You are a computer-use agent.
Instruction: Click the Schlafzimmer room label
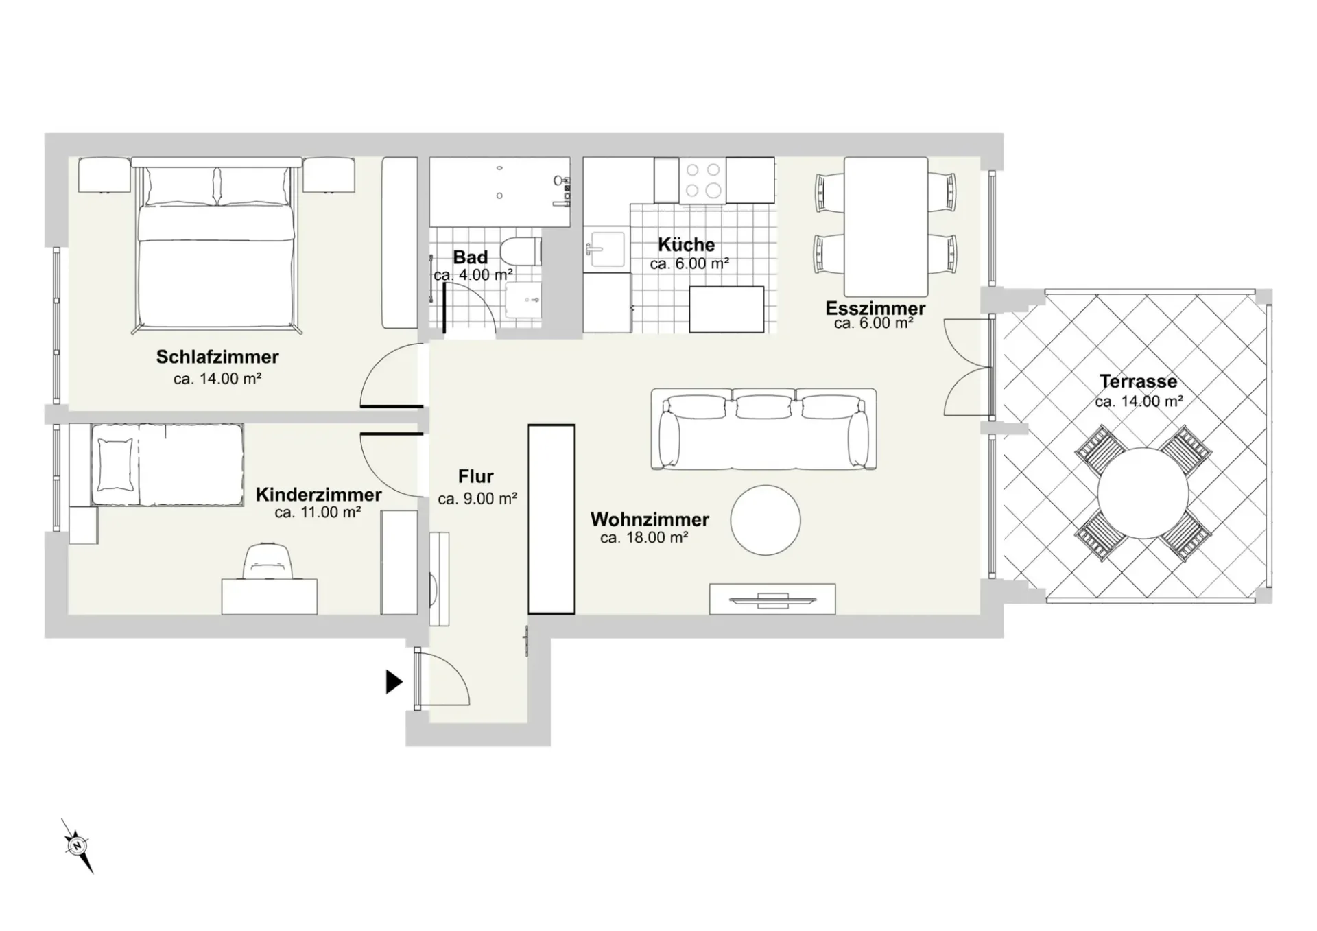217,357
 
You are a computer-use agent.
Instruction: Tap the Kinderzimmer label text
318,495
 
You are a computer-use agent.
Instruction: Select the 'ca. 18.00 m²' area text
644,538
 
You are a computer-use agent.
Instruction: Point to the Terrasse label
1138,381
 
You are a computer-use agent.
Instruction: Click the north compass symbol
77,845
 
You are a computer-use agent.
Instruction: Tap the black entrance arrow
394,682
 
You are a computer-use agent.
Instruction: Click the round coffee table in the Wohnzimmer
765,520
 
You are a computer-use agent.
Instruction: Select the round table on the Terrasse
1143,493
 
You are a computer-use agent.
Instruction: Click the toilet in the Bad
521,251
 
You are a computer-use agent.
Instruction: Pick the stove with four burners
703,180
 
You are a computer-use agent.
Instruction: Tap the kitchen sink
605,248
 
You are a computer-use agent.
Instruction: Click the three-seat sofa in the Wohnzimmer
763,429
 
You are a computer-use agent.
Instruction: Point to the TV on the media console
772,600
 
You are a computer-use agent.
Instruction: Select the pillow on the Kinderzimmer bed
115,465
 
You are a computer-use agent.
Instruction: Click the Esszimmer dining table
886,227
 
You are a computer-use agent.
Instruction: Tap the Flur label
476,476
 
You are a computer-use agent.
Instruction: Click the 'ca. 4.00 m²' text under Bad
473,275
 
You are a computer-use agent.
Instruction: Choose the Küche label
686,244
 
